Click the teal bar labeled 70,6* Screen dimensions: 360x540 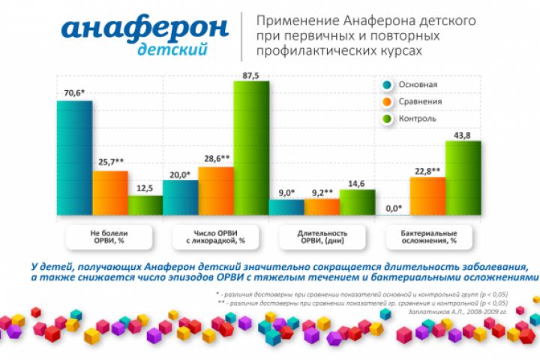(x=74, y=157)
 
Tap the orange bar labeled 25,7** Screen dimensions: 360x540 (x=110, y=193)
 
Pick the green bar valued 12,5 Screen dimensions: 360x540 (x=145, y=205)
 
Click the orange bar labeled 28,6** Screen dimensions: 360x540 (x=216, y=190)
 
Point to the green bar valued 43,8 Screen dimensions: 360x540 (x=463, y=178)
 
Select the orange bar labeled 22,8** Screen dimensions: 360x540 (x=427, y=196)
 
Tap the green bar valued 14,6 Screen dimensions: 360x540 (x=357, y=202)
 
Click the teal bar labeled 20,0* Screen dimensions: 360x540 (x=180, y=197)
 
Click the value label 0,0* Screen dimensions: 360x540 (x=393, y=208)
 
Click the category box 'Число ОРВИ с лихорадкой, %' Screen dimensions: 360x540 (x=216, y=237)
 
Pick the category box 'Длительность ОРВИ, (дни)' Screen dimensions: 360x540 (x=321, y=237)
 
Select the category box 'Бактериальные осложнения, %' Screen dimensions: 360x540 (x=427, y=237)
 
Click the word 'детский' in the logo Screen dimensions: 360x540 (x=173, y=49)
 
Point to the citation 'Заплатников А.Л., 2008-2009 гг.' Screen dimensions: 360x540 (x=463, y=309)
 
